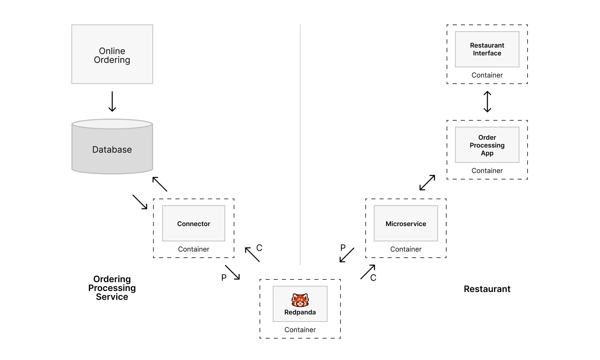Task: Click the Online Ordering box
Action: (x=112, y=54)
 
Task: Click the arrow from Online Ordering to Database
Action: (x=112, y=101)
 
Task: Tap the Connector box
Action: (x=194, y=223)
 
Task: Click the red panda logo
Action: (x=300, y=300)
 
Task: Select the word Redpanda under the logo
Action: (x=300, y=312)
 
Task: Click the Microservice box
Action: (x=406, y=223)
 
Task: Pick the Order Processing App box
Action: (x=487, y=145)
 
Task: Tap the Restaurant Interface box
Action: (x=487, y=49)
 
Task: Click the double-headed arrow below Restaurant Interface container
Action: (x=487, y=102)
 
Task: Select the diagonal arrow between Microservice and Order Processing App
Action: (x=427, y=183)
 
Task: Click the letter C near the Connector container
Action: (x=259, y=248)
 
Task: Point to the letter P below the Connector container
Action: (x=224, y=278)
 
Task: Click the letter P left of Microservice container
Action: (x=343, y=248)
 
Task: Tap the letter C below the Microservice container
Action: (x=373, y=278)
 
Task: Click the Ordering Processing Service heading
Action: (x=112, y=288)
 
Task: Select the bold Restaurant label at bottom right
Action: (x=487, y=289)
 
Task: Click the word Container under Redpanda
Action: (x=300, y=330)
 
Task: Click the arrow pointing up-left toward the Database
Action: (x=160, y=184)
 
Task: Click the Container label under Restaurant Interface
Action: (x=487, y=75)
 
